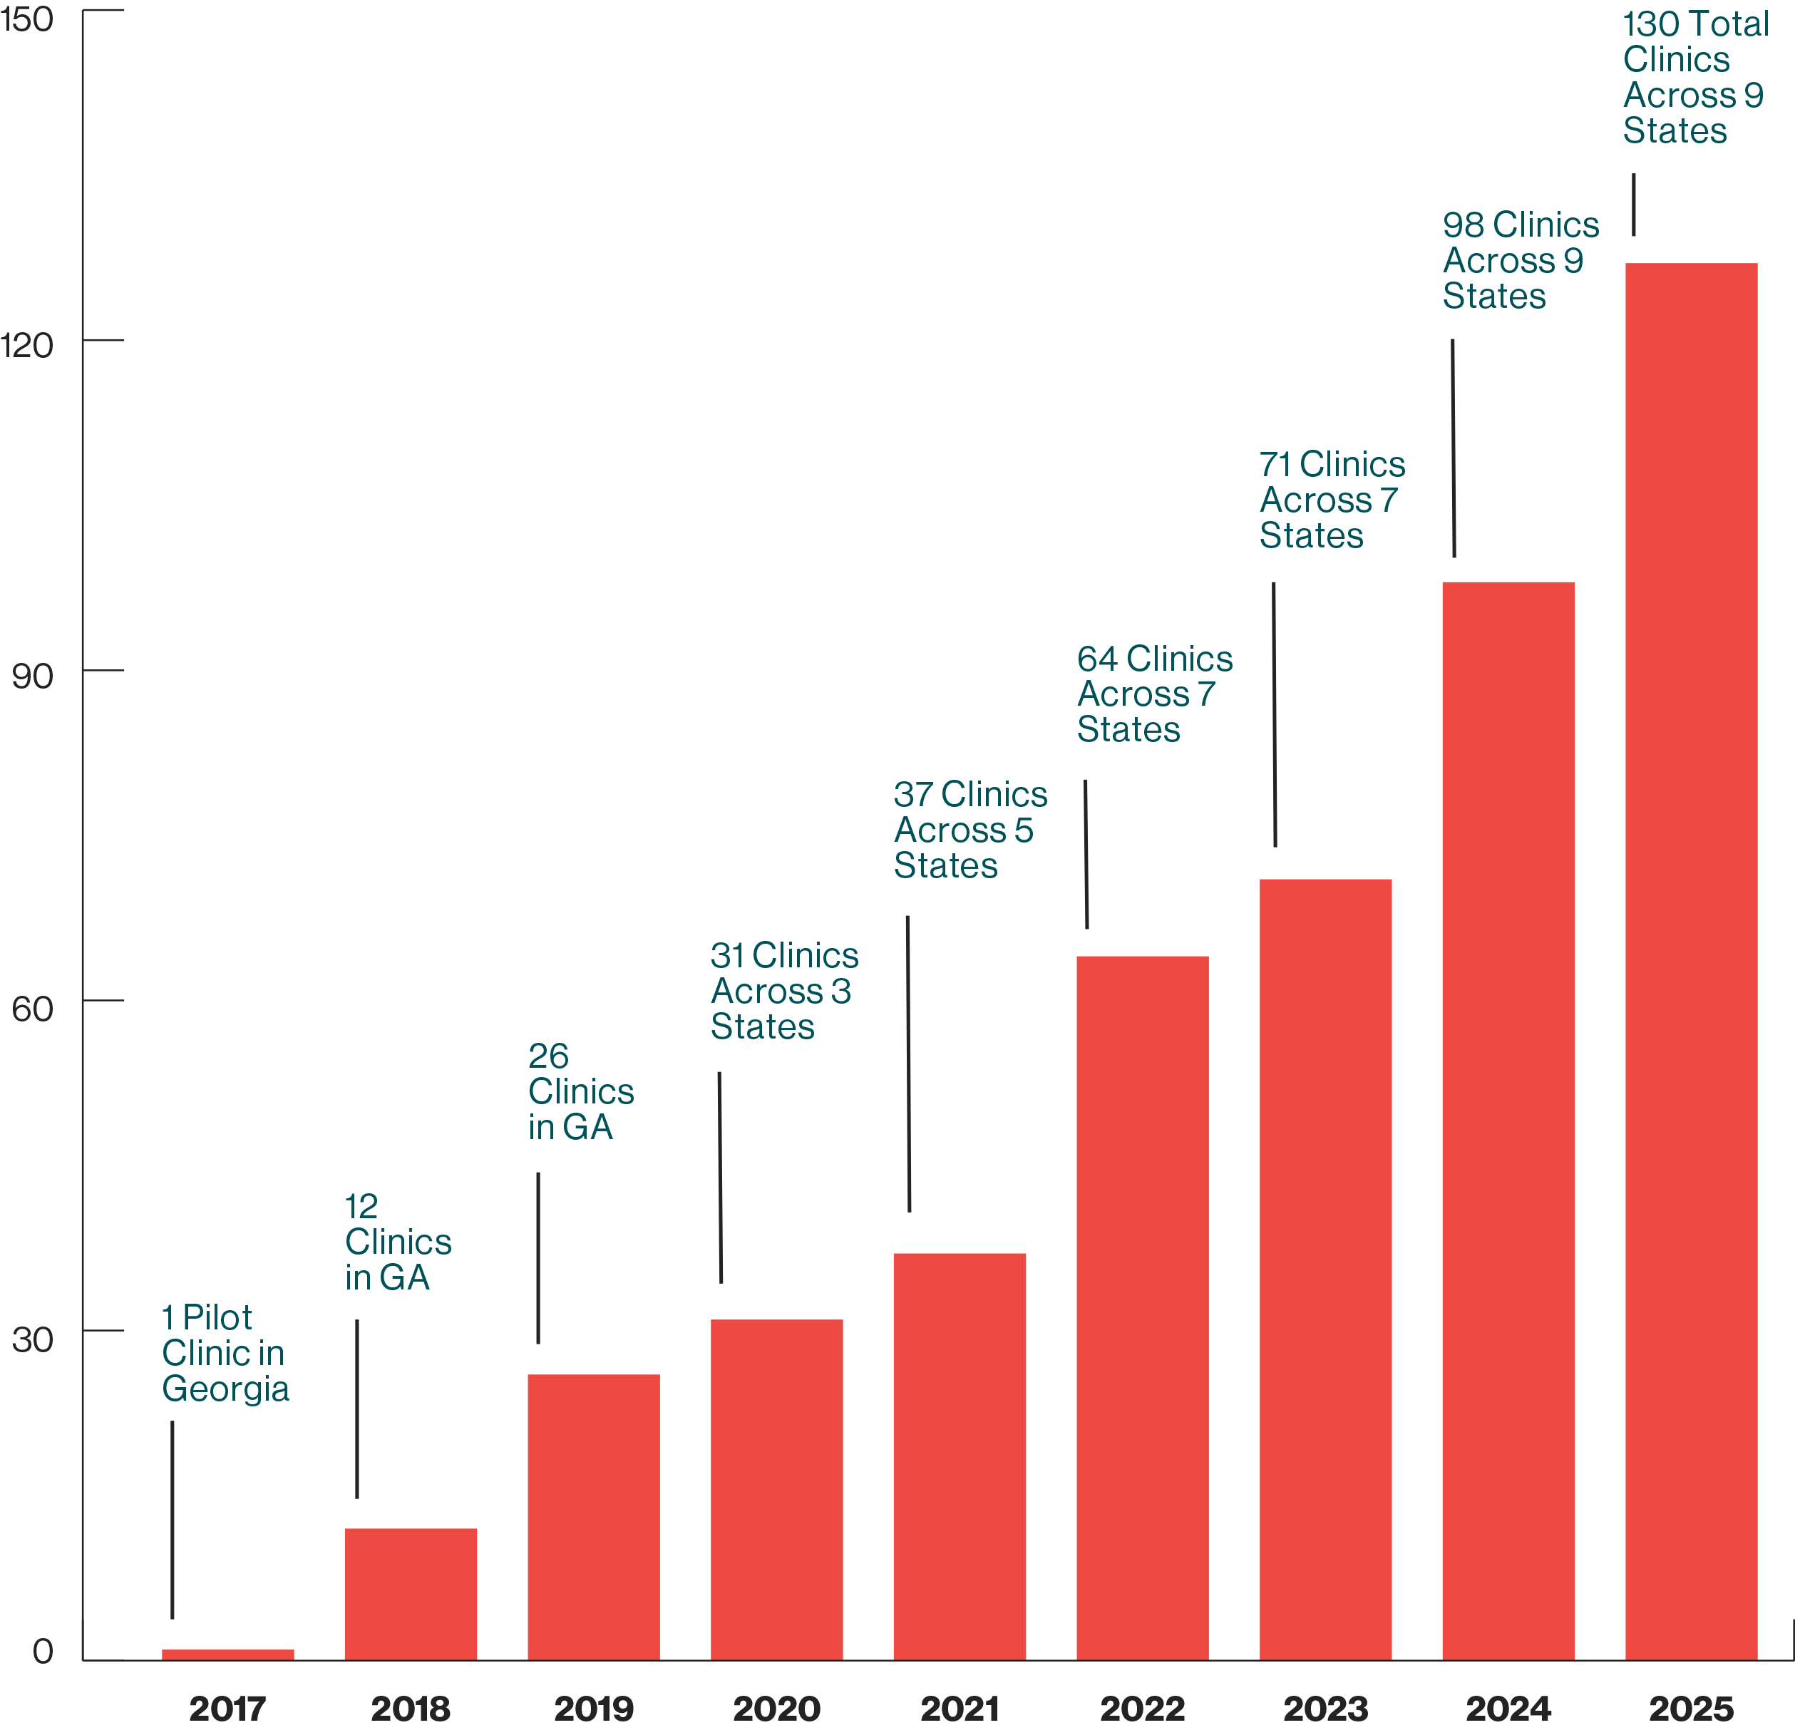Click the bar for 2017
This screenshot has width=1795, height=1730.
click(x=228, y=1654)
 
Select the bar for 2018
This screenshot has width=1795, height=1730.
click(x=411, y=1594)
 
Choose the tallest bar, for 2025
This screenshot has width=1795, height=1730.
click(x=1691, y=962)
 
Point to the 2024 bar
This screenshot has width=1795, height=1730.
click(x=1508, y=1121)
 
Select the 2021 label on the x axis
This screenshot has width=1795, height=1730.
click(x=959, y=1709)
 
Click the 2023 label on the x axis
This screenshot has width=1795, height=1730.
click(x=1325, y=1709)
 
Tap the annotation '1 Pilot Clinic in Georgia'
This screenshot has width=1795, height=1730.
click(x=225, y=1354)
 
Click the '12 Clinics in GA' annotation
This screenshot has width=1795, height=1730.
click(x=398, y=1242)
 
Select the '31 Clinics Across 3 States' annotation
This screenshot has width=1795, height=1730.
click(x=784, y=991)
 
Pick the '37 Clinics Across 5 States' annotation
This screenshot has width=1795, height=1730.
click(x=969, y=830)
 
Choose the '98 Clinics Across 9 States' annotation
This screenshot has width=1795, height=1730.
click(x=1521, y=260)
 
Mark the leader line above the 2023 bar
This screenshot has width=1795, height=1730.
click(x=1274, y=714)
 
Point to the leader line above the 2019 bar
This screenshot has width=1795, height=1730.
click(x=538, y=1257)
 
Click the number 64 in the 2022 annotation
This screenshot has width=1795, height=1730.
click(x=1096, y=659)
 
